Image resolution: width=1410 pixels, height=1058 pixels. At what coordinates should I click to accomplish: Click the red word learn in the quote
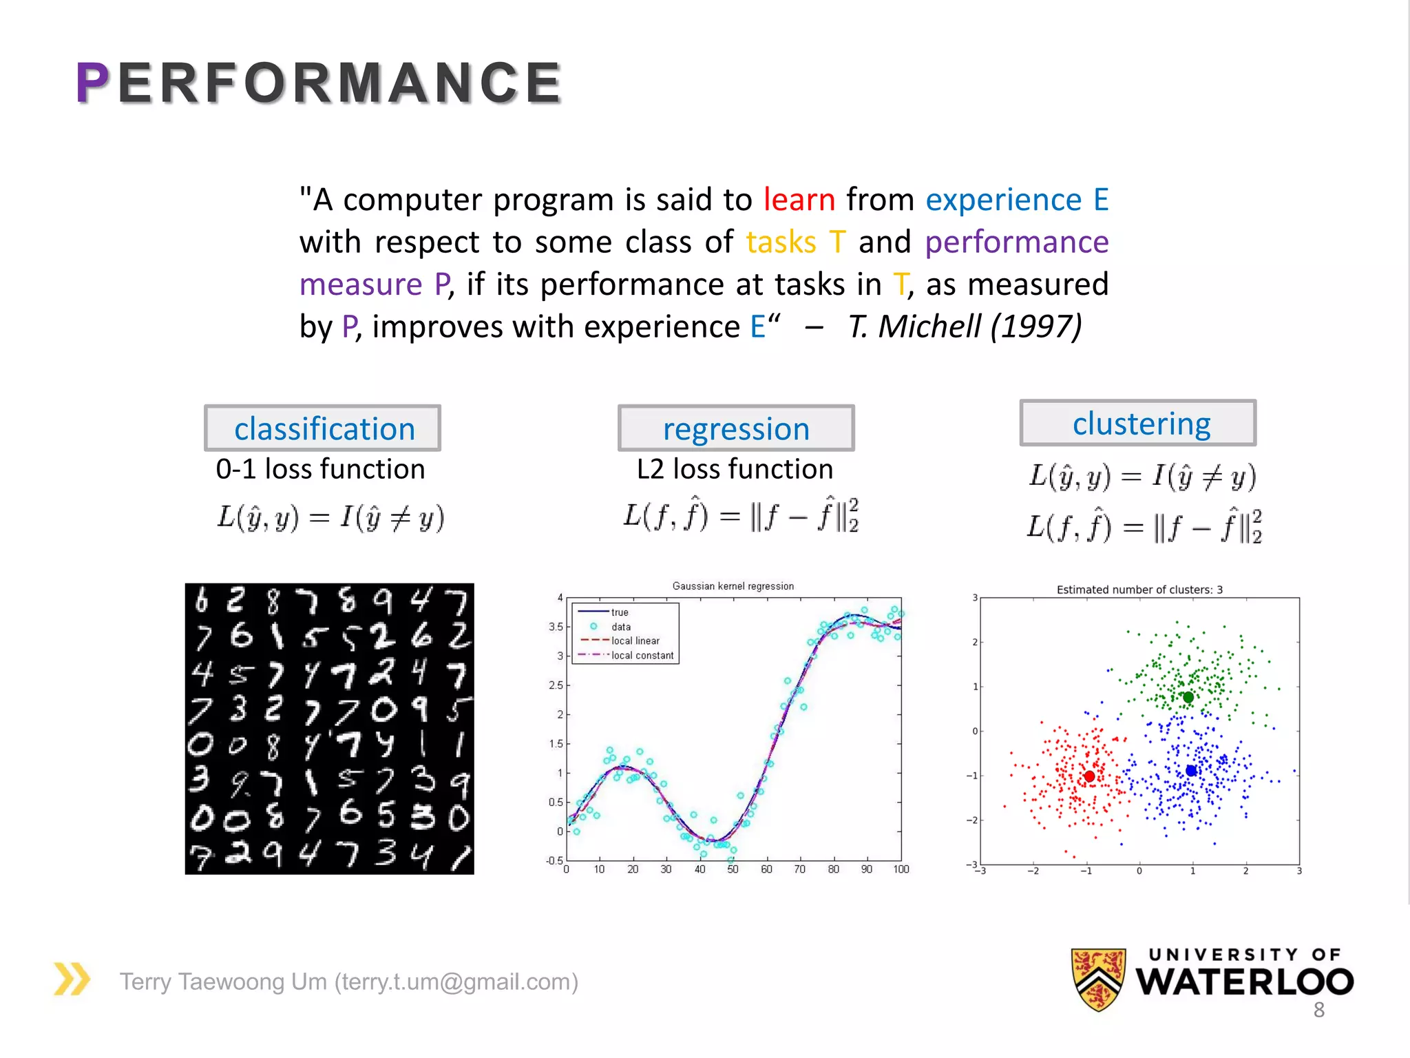[799, 200]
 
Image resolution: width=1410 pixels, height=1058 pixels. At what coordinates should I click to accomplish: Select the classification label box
[323, 428]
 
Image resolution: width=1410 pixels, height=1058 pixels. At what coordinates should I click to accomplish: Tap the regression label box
[736, 428]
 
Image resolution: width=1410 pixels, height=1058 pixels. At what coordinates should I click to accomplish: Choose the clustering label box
[1138, 423]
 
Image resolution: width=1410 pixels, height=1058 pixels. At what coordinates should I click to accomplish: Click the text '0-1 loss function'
[320, 470]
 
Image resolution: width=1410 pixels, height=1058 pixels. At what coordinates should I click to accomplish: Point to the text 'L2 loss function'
[735, 470]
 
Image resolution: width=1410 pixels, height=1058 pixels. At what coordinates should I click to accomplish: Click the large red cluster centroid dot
[1089, 776]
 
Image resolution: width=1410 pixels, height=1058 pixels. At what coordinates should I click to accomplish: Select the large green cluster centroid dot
[1188, 697]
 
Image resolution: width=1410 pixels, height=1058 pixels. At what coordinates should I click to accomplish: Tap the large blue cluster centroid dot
[1191, 771]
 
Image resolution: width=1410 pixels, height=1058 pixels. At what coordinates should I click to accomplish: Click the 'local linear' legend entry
[635, 641]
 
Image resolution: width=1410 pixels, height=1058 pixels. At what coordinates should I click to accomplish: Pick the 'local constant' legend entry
[642, 656]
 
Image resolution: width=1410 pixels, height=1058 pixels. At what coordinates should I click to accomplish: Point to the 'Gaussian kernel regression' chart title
[733, 586]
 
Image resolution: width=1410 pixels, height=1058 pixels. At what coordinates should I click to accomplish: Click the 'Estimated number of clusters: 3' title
[1139, 590]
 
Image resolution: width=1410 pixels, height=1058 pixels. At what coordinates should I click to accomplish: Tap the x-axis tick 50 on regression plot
[733, 870]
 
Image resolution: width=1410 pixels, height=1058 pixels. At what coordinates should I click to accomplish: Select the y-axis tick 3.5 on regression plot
[556, 627]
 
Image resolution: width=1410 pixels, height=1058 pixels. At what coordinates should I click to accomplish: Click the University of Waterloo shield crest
[1098, 979]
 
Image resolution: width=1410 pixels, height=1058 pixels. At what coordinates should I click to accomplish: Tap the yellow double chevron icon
[72, 979]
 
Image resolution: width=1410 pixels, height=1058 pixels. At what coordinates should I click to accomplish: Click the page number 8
[1318, 1010]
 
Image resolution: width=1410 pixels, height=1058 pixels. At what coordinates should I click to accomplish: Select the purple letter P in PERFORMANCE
[92, 83]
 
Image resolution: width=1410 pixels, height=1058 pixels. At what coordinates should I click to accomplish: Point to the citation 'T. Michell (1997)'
[965, 327]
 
